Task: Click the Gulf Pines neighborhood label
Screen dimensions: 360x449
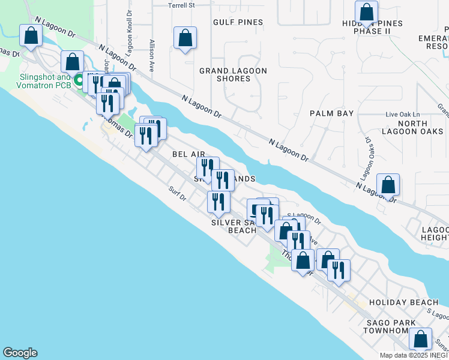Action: click(238, 22)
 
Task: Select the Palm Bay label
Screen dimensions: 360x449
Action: click(331, 113)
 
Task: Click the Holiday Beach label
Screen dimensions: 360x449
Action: click(400, 302)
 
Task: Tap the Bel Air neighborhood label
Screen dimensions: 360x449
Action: click(189, 154)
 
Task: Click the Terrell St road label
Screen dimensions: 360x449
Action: click(182, 5)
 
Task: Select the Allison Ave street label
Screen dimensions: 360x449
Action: click(152, 56)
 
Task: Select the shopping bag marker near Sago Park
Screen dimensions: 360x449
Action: click(420, 340)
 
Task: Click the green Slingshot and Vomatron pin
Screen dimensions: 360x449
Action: click(79, 79)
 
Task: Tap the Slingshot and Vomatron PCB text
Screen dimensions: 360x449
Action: click(37, 81)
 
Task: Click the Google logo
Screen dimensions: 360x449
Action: click(20, 353)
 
